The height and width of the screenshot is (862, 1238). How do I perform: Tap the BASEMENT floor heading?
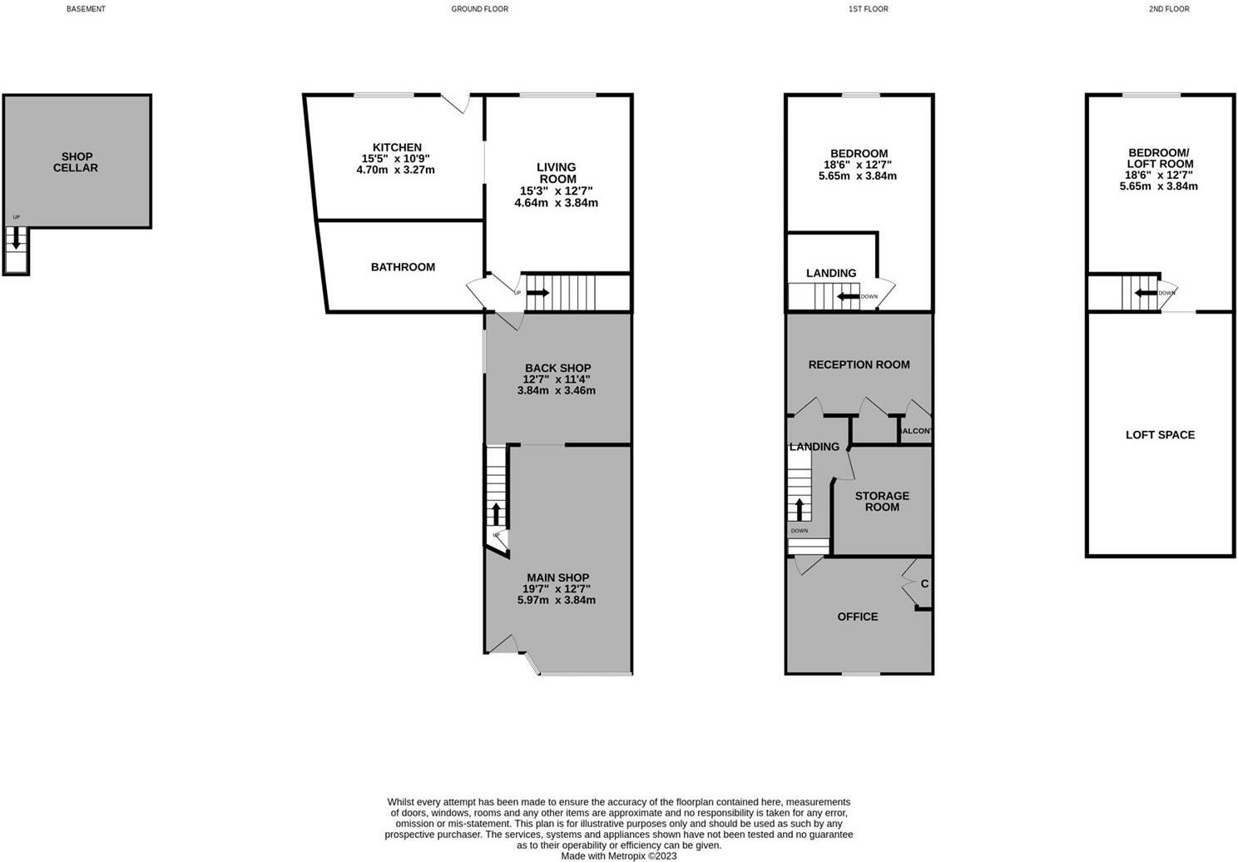click(x=86, y=9)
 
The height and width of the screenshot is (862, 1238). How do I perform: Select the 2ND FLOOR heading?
click(x=1169, y=9)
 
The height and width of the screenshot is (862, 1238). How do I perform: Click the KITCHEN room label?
click(x=397, y=147)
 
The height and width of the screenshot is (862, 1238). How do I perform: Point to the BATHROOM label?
click(x=403, y=267)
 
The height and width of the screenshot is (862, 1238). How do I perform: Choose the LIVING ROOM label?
click(x=557, y=173)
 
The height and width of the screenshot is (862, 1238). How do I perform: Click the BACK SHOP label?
click(x=557, y=368)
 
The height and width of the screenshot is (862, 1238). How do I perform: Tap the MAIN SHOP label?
click(x=557, y=577)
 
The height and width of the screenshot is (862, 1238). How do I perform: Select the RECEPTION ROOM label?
click(x=859, y=364)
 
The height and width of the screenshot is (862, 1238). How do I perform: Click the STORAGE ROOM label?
click(x=882, y=501)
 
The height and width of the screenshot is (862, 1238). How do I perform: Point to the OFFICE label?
click(x=857, y=617)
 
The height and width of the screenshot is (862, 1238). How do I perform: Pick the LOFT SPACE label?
click(x=1160, y=435)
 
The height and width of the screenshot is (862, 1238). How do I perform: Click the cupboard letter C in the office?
click(x=924, y=584)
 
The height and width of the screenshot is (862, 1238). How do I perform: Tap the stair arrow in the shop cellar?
click(x=16, y=240)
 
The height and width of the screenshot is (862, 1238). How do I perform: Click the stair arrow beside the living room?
click(x=538, y=293)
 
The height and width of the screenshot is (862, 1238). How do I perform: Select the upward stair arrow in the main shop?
click(x=497, y=512)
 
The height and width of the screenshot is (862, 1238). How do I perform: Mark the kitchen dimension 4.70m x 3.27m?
click(x=395, y=170)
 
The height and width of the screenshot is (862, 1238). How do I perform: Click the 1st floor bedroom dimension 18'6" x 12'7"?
click(x=859, y=165)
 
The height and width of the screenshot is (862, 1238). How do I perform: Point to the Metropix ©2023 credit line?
click(x=618, y=855)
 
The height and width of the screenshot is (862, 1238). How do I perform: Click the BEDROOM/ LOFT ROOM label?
click(x=1159, y=158)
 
